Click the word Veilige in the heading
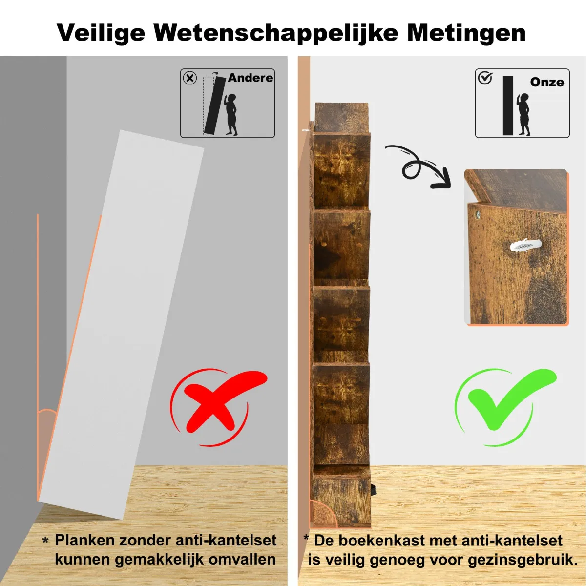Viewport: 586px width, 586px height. (101, 33)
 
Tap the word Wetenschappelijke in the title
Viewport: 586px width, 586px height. (276, 33)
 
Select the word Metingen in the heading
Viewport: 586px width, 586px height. (466, 33)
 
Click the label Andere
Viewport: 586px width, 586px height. (251, 78)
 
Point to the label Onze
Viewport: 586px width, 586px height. (547, 82)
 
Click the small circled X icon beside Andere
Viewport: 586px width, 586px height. (190, 79)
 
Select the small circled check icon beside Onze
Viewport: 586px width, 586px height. (485, 78)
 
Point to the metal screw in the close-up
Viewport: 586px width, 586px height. (477, 214)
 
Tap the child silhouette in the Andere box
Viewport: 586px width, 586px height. (231, 114)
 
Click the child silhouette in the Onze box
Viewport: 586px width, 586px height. (523, 114)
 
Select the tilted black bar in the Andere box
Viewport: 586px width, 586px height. (215, 105)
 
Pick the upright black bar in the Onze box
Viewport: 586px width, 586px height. (508, 105)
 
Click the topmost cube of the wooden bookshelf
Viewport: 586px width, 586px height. (341, 118)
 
